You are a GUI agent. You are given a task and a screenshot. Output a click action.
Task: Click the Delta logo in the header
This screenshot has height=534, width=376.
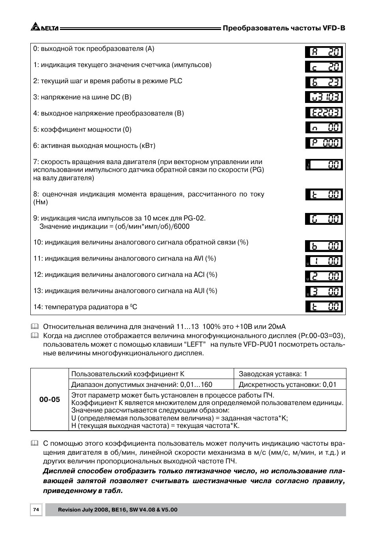tap(44, 28)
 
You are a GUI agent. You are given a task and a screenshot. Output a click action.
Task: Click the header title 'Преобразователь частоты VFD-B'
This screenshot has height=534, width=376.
tap(284, 28)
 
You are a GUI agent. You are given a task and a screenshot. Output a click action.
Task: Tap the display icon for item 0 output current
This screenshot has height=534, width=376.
tap(324, 52)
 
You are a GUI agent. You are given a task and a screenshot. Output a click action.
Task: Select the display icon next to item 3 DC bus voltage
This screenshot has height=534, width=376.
tap(324, 97)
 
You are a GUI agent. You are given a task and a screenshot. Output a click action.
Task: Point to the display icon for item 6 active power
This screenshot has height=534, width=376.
tap(324, 143)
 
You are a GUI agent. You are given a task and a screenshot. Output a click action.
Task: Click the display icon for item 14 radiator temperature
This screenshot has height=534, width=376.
tap(324, 306)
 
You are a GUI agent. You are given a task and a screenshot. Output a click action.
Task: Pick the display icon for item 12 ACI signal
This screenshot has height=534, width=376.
tap(324, 276)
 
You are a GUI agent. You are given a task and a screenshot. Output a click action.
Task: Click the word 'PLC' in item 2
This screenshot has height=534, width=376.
tap(176, 81)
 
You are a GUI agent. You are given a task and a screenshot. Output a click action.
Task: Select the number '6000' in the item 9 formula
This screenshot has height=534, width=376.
tap(181, 226)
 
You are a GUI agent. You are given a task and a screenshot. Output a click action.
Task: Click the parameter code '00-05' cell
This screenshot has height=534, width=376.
tap(50, 400)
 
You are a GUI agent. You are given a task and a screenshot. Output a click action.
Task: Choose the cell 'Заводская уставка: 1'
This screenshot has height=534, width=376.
tap(273, 374)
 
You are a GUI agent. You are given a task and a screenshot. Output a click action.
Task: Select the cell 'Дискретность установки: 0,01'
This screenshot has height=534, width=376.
tap(287, 385)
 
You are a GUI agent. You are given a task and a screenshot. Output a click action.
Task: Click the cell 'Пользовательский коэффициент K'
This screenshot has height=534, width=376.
tap(128, 374)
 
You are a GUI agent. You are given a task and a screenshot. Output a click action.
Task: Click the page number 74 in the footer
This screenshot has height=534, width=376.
tap(36, 510)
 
